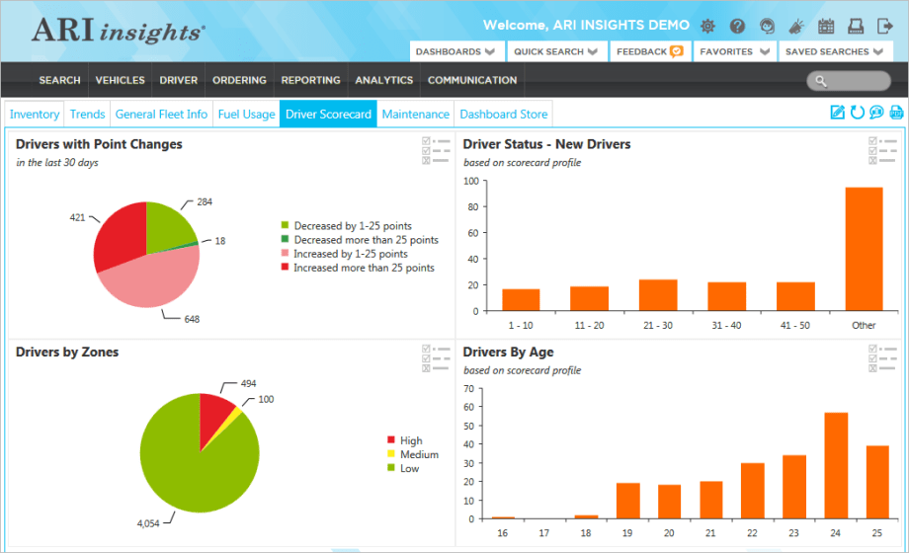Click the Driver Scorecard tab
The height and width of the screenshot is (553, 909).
click(328, 115)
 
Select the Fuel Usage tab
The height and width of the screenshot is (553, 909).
click(246, 115)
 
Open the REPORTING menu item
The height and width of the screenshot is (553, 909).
click(310, 80)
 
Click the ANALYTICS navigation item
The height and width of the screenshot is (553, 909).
click(383, 80)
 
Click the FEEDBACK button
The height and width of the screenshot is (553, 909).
click(648, 51)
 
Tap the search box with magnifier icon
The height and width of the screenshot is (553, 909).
click(848, 81)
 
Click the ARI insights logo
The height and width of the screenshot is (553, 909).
click(119, 31)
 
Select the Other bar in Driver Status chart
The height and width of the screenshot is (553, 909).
click(864, 249)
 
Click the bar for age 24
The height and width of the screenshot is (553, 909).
click(836, 465)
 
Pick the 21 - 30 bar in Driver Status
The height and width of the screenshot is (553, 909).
click(658, 295)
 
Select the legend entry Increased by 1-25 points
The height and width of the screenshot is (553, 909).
click(350, 254)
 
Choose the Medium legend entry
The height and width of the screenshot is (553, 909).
click(418, 454)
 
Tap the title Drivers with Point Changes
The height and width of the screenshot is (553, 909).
click(99, 144)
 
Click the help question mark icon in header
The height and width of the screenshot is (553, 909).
click(737, 26)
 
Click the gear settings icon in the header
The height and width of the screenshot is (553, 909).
click(707, 26)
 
